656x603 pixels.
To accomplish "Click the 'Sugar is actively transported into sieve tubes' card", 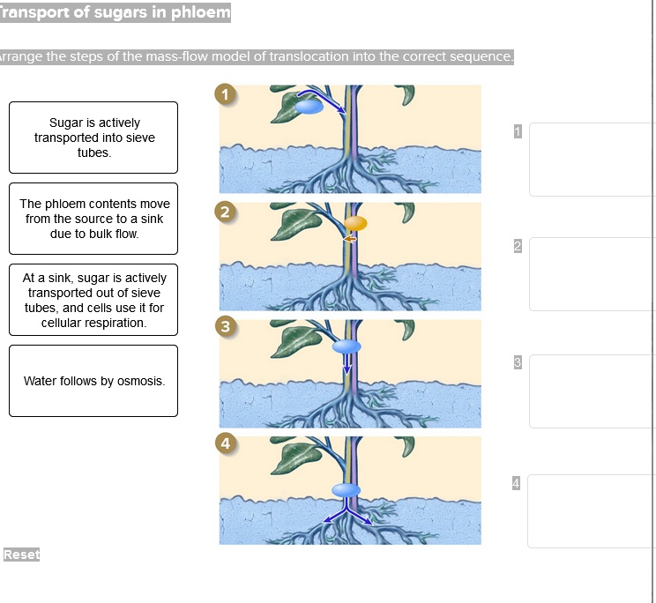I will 93,138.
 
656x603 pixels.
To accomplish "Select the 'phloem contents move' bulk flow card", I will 93,219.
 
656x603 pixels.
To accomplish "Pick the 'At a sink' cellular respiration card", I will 93,300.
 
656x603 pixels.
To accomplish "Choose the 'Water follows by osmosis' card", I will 93,381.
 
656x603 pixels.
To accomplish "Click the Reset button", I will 21,555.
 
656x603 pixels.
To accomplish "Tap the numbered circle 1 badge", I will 227,95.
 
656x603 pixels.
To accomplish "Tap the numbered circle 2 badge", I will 227,212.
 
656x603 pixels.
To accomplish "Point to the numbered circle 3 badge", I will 227,328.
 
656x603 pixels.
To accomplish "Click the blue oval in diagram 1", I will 308,107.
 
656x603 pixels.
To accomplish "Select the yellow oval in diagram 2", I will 355,223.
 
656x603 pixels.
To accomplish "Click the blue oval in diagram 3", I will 347,346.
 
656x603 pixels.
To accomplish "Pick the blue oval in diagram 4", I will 346,489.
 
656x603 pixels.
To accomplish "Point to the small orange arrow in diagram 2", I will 350,238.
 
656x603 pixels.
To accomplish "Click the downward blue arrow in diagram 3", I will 347,364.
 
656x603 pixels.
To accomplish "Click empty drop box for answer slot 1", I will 592,159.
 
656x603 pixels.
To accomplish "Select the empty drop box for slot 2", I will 592,273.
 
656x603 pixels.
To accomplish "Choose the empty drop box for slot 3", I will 592,391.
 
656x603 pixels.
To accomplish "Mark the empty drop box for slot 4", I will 592,510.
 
